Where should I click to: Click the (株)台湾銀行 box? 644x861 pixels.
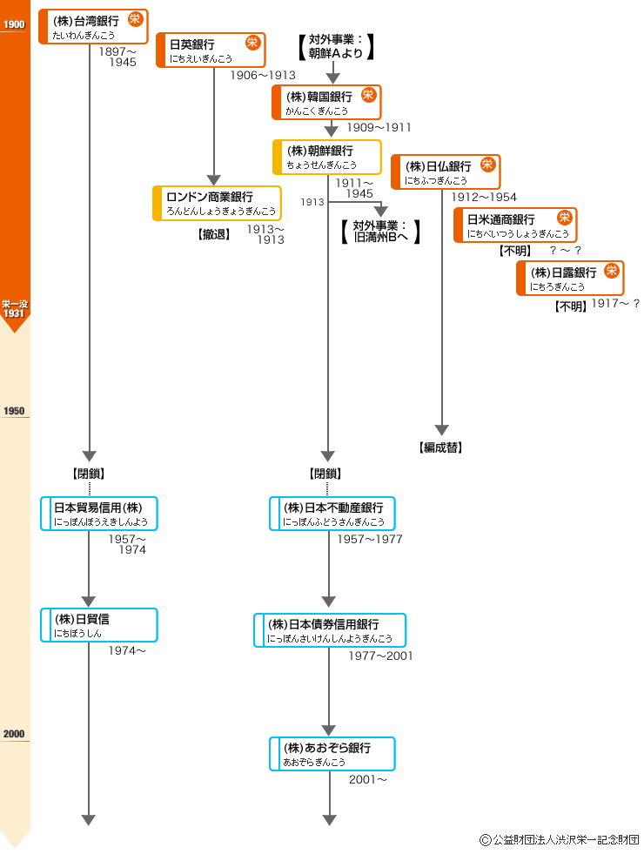pyautogui.click(x=93, y=26)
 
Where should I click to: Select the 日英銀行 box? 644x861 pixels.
pyautogui.click(x=211, y=50)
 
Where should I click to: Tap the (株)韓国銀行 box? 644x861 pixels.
pyautogui.click(x=326, y=102)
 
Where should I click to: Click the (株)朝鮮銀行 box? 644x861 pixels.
pyautogui.click(x=326, y=157)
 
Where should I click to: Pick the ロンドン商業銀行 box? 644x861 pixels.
pyautogui.click(x=217, y=204)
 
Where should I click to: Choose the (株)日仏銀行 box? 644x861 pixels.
pyautogui.click(x=446, y=172)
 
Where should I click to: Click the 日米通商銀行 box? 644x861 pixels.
pyautogui.click(x=515, y=225)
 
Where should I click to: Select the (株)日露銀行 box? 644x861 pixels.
pyautogui.click(x=570, y=278)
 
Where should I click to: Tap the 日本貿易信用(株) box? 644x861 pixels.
pyautogui.click(x=98, y=514)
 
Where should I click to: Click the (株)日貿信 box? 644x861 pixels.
pyautogui.click(x=98, y=625)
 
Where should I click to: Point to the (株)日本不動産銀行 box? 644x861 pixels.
pyautogui.click(x=332, y=514)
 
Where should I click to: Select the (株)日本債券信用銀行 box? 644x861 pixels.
pyautogui.click(x=329, y=630)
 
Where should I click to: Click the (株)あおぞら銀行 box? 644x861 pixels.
pyautogui.click(x=332, y=754)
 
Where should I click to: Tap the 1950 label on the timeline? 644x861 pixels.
pyautogui.click(x=14, y=411)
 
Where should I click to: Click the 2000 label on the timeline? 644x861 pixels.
pyautogui.click(x=14, y=734)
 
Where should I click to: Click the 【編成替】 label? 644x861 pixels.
pyautogui.click(x=440, y=448)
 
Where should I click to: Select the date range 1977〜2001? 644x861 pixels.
pyautogui.click(x=380, y=656)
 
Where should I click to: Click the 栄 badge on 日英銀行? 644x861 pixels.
pyautogui.click(x=252, y=42)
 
